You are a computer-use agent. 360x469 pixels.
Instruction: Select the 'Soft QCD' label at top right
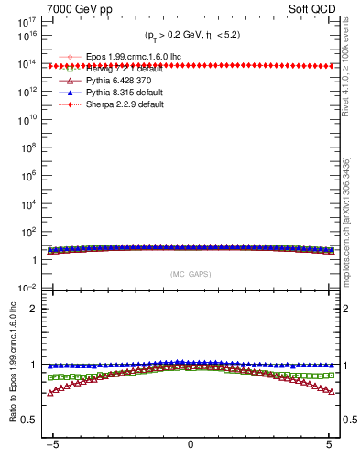coord(311,7)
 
